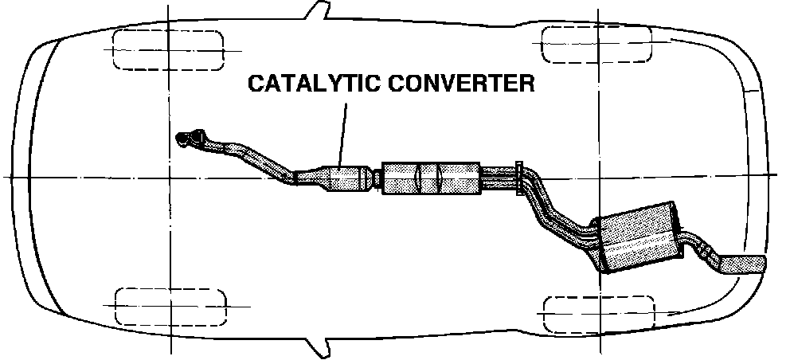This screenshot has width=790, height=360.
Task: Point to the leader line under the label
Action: [343, 131]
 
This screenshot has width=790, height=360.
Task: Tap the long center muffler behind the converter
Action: [432, 178]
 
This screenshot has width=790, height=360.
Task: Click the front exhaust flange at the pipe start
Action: [186, 139]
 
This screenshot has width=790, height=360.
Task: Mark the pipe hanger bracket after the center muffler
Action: [519, 178]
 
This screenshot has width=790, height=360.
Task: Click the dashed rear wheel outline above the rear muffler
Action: [597, 45]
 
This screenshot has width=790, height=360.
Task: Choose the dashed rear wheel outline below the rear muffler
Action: [597, 314]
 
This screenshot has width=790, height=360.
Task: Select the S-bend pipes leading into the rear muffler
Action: [557, 211]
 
